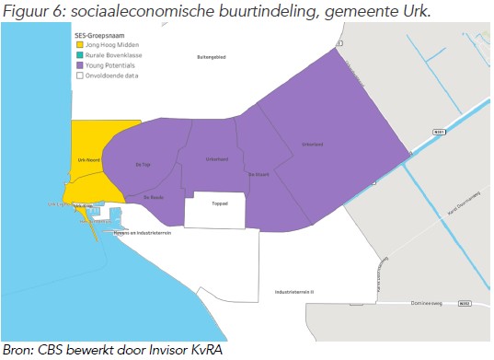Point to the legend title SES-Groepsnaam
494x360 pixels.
click(98, 34)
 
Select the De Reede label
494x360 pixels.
click(153, 196)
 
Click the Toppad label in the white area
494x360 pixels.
click(219, 204)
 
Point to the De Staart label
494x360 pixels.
click(258, 172)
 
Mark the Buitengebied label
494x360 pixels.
click(212, 56)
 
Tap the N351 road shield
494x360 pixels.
click(439, 133)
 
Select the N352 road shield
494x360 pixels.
click(463, 303)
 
